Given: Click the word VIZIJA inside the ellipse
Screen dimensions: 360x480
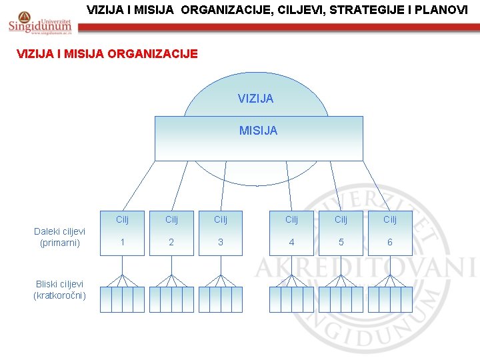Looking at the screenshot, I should [255, 99].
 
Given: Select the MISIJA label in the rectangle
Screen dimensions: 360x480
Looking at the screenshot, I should [258, 131].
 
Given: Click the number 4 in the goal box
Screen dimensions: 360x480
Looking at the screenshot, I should [291, 243].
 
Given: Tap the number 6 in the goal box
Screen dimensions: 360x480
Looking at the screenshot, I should [390, 243].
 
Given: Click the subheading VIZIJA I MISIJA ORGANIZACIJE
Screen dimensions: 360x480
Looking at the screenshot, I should [107, 54].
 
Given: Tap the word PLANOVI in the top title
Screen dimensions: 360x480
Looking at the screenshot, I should [443, 11].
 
